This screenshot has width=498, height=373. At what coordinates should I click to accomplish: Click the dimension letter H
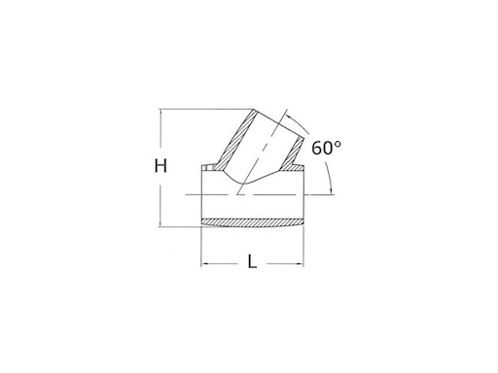(160, 166)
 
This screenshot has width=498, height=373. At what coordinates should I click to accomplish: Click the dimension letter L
(252, 261)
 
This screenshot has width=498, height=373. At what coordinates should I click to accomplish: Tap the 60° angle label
(326, 148)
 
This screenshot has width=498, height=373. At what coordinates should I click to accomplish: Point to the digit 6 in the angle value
(316, 149)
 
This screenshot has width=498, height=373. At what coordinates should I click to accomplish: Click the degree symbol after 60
(338, 144)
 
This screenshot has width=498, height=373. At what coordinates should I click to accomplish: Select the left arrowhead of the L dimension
(205, 264)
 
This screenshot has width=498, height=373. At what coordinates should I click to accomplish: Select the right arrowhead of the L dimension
(300, 264)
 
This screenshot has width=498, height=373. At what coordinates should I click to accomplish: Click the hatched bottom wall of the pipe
(253, 222)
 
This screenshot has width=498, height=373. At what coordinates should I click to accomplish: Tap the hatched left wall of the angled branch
(236, 140)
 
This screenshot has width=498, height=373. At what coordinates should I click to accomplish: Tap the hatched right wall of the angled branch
(293, 153)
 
